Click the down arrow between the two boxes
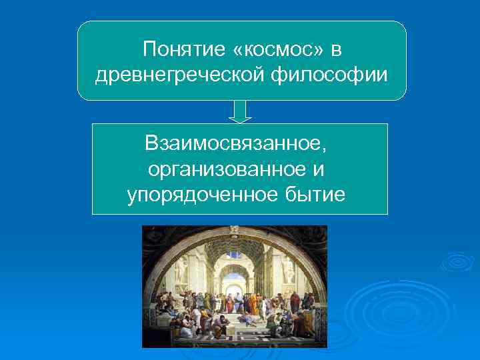[240, 111]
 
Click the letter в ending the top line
[336, 50]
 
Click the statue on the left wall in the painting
[179, 269]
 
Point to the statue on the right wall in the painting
[289, 269]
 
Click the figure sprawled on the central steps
[246, 312]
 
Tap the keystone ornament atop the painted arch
[234, 229]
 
